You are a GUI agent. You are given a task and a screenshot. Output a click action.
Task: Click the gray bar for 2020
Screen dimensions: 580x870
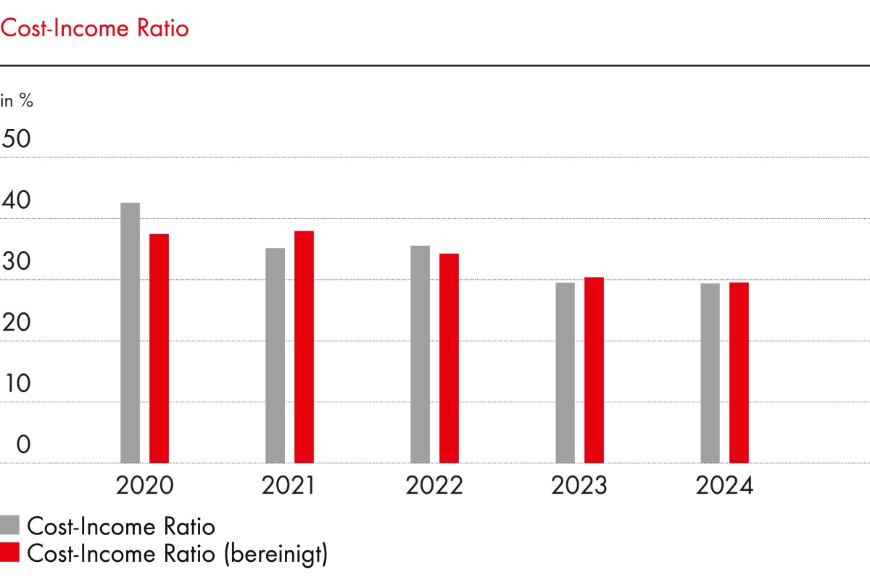[130, 333]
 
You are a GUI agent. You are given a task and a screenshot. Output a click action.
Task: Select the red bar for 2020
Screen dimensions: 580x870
[159, 348]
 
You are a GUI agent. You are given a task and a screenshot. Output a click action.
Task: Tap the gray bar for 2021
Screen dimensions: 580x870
[275, 355]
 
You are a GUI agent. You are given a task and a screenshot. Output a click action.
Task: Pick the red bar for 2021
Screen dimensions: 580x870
[304, 347]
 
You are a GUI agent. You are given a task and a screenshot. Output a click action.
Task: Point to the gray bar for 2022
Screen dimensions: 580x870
[420, 354]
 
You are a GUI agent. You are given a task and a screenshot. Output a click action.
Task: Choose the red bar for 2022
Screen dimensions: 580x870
[449, 358]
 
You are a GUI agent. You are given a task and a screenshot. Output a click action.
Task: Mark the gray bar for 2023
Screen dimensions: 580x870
[565, 373]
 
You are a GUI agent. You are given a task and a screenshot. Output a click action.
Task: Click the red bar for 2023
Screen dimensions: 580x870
[594, 370]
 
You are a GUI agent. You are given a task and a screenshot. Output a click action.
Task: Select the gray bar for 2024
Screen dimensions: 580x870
[710, 373]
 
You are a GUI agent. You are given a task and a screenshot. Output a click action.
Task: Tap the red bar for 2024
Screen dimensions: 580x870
[739, 373]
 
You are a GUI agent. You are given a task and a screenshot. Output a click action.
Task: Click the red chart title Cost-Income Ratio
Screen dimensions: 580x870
[94, 29]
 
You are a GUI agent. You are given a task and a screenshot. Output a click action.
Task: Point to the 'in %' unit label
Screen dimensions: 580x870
[17, 101]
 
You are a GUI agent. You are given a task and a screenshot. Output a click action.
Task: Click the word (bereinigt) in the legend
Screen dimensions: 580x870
[275, 555]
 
